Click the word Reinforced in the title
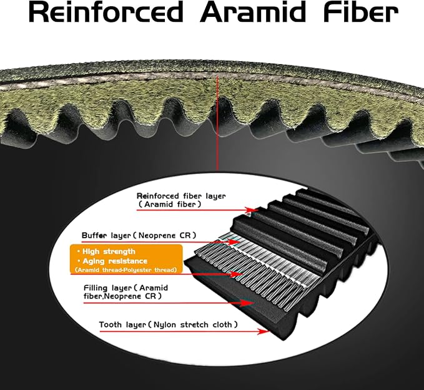point(106,12)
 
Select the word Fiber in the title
point(361,12)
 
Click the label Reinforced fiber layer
point(181,196)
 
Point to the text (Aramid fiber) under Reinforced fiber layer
point(170,204)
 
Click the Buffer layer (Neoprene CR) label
point(139,235)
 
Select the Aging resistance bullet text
point(113,261)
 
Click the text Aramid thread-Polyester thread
point(126,270)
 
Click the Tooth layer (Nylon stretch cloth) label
point(168,324)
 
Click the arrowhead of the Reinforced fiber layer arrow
point(252,210)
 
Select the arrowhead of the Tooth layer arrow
point(263,331)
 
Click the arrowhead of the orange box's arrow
point(236,275)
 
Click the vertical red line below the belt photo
point(217,123)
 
